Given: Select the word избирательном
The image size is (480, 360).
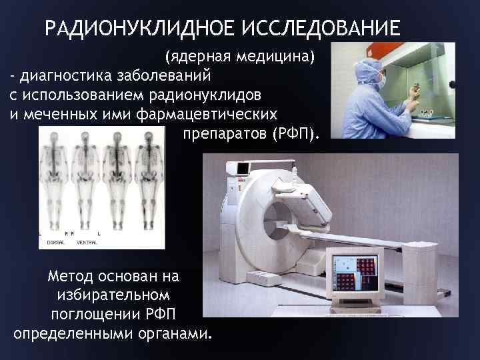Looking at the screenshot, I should pyautogui.click(x=113, y=294).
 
